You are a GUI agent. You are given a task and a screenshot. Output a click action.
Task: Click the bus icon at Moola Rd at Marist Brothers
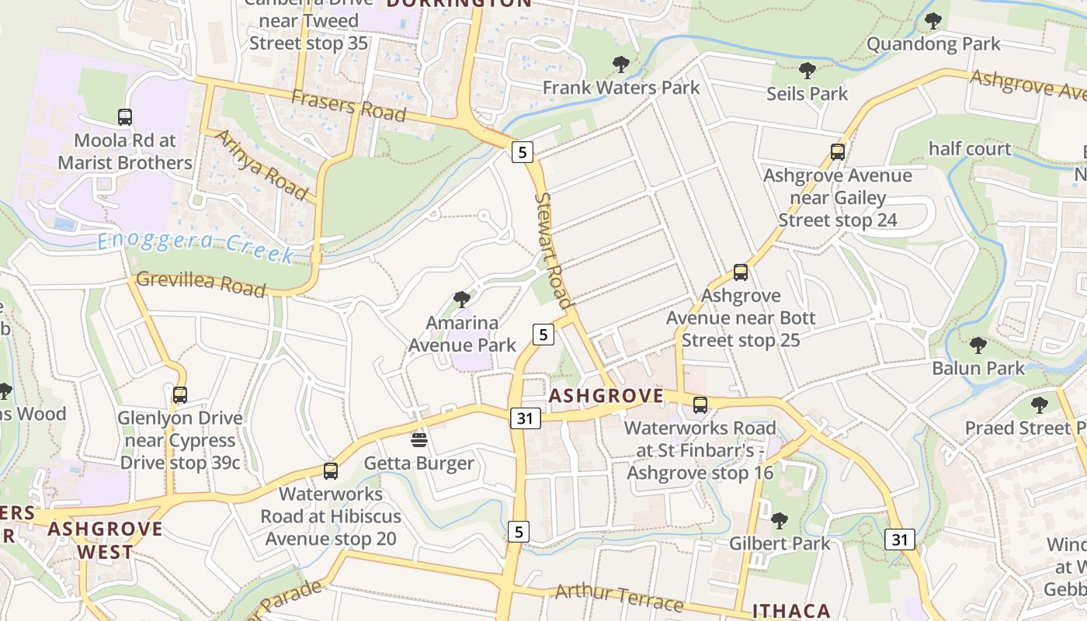pyautogui.click(x=125, y=117)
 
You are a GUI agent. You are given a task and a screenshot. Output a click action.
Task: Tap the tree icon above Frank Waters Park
pyautogui.click(x=620, y=64)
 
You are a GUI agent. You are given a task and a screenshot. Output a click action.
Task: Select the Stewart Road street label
pyautogui.click(x=553, y=250)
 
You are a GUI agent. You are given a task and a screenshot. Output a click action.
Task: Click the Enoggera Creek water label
pyautogui.click(x=196, y=247)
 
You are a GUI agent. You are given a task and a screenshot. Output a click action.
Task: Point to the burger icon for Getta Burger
pyautogui.click(x=419, y=440)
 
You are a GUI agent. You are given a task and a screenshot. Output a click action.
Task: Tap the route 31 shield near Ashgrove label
pyautogui.click(x=525, y=418)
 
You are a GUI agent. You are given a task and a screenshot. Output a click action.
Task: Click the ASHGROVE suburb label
pyautogui.click(x=606, y=396)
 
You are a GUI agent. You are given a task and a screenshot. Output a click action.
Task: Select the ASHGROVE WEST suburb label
pyautogui.click(x=106, y=541)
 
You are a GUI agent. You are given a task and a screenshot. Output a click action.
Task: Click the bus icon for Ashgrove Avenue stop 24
pyautogui.click(x=837, y=152)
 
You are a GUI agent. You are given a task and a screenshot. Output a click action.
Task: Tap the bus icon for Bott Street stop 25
pyautogui.click(x=740, y=272)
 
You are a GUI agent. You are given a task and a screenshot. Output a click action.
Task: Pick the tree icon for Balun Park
pyautogui.click(x=978, y=345)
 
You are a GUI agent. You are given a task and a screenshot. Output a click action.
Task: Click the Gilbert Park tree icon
pyautogui.click(x=779, y=520)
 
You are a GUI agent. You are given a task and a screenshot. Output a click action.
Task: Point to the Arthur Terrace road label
pyautogui.click(x=619, y=596)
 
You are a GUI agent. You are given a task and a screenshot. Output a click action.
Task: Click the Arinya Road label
pyautogui.click(x=259, y=164)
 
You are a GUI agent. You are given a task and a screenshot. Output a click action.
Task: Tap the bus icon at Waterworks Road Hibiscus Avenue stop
pyautogui.click(x=330, y=470)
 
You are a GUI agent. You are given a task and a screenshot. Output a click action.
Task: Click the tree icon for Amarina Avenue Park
pyautogui.click(x=462, y=299)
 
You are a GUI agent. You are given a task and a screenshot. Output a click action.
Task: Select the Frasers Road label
pyautogui.click(x=349, y=105)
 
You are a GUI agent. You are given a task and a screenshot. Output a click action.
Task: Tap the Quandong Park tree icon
pyautogui.click(x=932, y=21)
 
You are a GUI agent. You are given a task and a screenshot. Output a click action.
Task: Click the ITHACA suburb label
pyautogui.click(x=791, y=611)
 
